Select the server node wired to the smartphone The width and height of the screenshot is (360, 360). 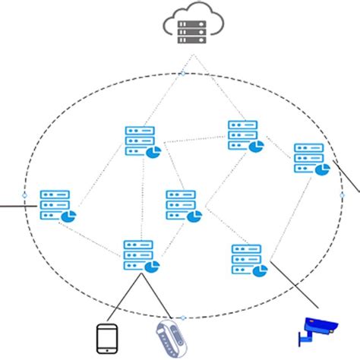coord(141,256)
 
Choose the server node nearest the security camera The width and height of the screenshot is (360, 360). coord(248,260)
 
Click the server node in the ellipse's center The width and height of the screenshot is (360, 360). coord(183,206)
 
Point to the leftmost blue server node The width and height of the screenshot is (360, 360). coord(56,206)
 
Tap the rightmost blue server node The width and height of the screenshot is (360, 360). coord(310,159)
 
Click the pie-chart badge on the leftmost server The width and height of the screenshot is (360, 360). coord(68,217)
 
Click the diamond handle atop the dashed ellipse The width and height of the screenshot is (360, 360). coord(182,74)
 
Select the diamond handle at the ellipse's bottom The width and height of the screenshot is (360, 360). coord(182,317)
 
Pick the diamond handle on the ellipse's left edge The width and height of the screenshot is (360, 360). coord(24,195)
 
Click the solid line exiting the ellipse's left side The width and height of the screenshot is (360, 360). coord(11,204)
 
